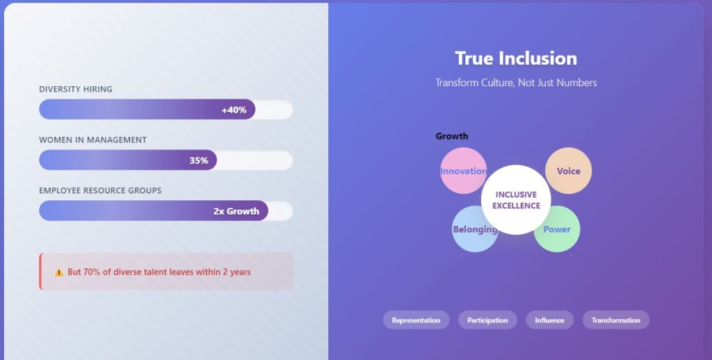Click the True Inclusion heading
tap(516, 58)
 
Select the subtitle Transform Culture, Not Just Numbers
tap(516, 83)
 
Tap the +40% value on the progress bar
tap(234, 110)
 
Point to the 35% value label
tap(199, 161)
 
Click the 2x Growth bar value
tap(236, 211)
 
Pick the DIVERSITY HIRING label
tap(76, 89)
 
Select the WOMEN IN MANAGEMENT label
tap(92, 140)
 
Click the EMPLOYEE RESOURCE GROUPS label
tap(100, 190)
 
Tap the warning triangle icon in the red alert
tap(59, 272)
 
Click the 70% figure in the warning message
tap(92, 272)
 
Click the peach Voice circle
tap(569, 170)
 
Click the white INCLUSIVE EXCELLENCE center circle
tap(516, 199)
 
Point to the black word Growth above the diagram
tap(452, 136)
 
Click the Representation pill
tap(416, 320)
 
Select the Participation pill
tap(487, 320)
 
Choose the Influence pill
tap(549, 320)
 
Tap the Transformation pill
tap(615, 320)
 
